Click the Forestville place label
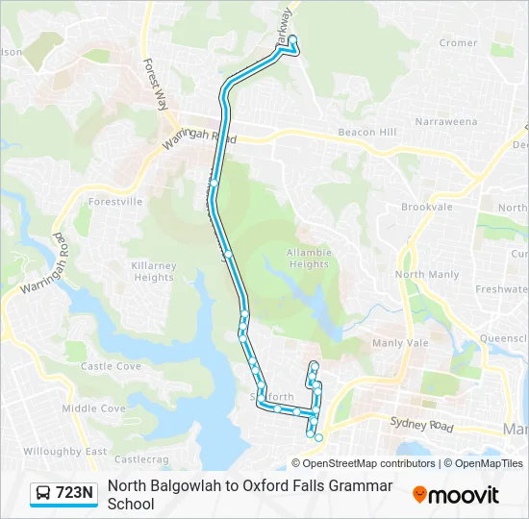[x=114, y=202]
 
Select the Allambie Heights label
[x=308, y=258]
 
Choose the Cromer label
[x=458, y=43]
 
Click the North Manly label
[x=427, y=275]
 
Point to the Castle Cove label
[x=111, y=366]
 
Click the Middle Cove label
[x=93, y=408]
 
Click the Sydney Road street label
[x=421, y=424]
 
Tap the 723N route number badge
[x=75, y=494]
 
